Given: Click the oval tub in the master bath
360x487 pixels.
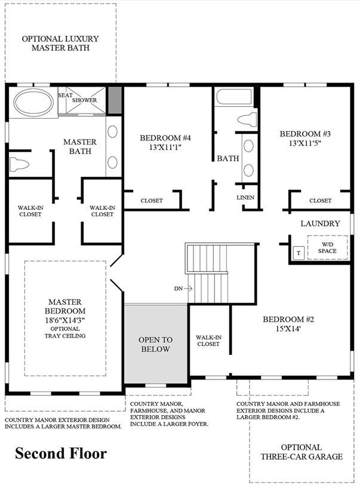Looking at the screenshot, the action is pos(33,103).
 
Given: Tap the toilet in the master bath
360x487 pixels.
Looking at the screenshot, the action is pos(19,164).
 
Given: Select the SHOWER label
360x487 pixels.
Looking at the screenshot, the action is pos(84,100).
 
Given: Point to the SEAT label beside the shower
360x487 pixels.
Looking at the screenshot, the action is pos(65,95).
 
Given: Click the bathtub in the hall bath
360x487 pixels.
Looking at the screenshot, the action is pos(234,97).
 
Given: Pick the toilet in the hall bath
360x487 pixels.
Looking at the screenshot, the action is pos(248,120).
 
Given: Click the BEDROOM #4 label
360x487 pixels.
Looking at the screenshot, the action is pos(165,137).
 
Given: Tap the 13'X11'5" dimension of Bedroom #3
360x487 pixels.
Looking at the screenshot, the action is pos(305,143).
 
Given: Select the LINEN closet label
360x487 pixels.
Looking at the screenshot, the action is pos(245,197).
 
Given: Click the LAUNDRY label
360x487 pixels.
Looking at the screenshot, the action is pos(320,223).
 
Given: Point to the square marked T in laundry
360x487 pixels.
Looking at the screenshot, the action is pos(299,253).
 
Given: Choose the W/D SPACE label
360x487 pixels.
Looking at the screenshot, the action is pos(327,247).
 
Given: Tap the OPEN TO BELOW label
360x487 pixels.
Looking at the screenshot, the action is pos(155,344).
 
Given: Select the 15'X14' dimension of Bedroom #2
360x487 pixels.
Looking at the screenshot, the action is pos(288,329).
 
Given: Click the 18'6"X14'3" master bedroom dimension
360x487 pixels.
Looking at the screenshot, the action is pos(65,320).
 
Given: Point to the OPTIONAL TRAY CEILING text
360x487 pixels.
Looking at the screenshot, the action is pos(65,332).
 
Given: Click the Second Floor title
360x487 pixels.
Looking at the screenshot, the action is pos(61,454).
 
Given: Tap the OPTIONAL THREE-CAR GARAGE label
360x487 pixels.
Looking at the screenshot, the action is pos(301,452).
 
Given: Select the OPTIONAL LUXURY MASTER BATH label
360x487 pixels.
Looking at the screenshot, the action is pos(60,43).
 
